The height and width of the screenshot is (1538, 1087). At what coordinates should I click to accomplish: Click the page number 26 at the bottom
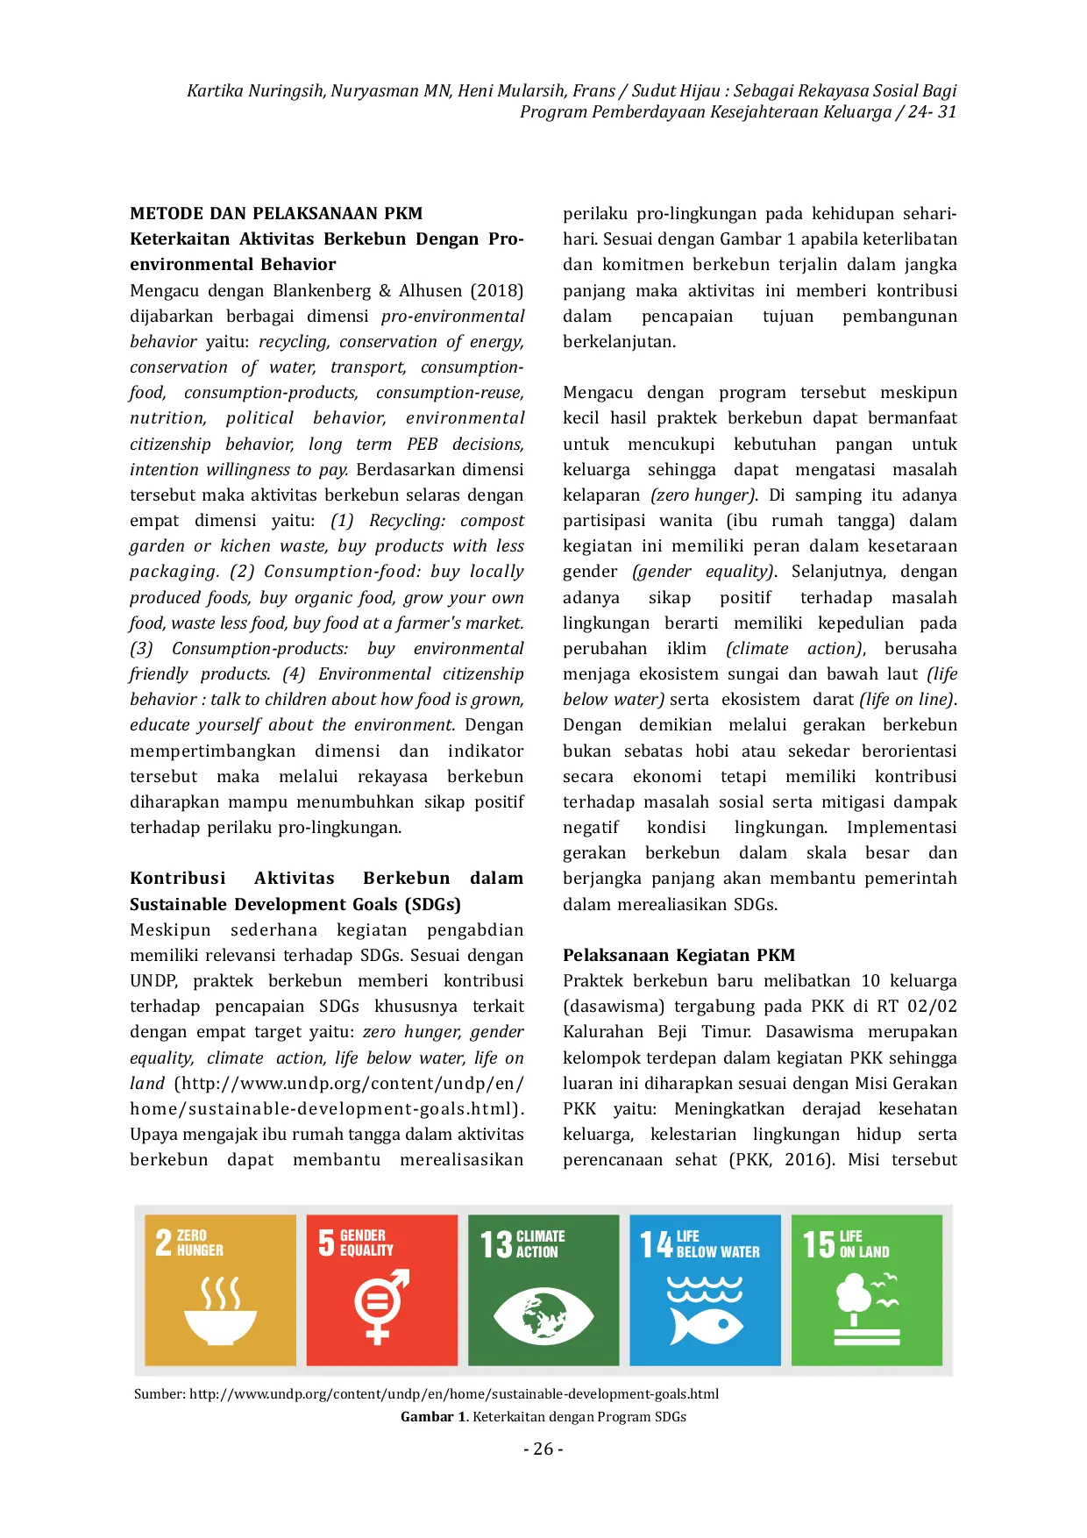[543, 1449]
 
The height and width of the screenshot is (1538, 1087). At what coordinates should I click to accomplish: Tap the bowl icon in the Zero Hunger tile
[220, 1322]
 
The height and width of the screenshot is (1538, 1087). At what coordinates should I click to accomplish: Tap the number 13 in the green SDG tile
[496, 1244]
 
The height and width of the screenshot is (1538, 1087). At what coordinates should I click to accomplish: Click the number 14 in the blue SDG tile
[656, 1244]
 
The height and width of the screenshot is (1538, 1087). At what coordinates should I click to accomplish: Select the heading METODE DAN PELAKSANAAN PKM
[276, 213]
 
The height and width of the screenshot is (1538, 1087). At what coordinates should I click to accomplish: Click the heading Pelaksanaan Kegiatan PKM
[678, 955]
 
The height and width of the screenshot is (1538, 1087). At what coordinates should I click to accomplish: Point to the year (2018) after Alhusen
[496, 290]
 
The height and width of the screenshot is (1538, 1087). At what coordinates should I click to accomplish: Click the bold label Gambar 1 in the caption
[433, 1417]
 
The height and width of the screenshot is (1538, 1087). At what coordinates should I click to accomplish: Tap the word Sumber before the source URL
[159, 1394]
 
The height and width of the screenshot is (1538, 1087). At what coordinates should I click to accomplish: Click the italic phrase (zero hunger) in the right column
[703, 495]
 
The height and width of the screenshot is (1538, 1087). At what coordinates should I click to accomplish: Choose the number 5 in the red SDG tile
[326, 1243]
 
